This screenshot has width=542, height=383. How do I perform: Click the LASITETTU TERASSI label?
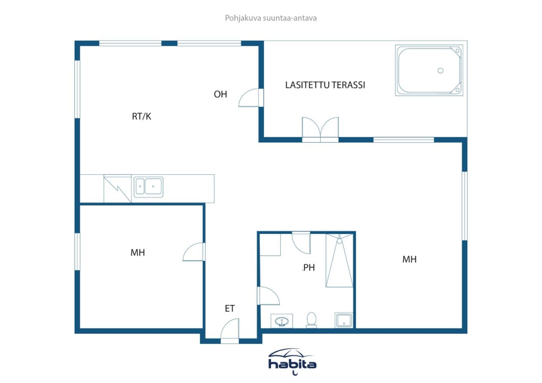(325, 85)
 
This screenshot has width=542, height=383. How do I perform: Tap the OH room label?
(220, 94)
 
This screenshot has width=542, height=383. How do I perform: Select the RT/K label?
(141, 117)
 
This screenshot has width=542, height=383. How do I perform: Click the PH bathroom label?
(309, 267)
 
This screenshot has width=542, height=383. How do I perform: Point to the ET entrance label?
(230, 309)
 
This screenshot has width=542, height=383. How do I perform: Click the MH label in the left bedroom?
(138, 253)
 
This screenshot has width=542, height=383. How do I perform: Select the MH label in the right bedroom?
(409, 259)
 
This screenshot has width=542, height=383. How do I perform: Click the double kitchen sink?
(148, 187)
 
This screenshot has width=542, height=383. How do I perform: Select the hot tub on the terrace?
(429, 70)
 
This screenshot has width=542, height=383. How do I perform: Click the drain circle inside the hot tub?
(440, 71)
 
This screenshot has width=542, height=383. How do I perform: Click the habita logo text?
(292, 364)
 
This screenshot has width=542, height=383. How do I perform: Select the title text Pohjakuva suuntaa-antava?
(271, 18)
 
